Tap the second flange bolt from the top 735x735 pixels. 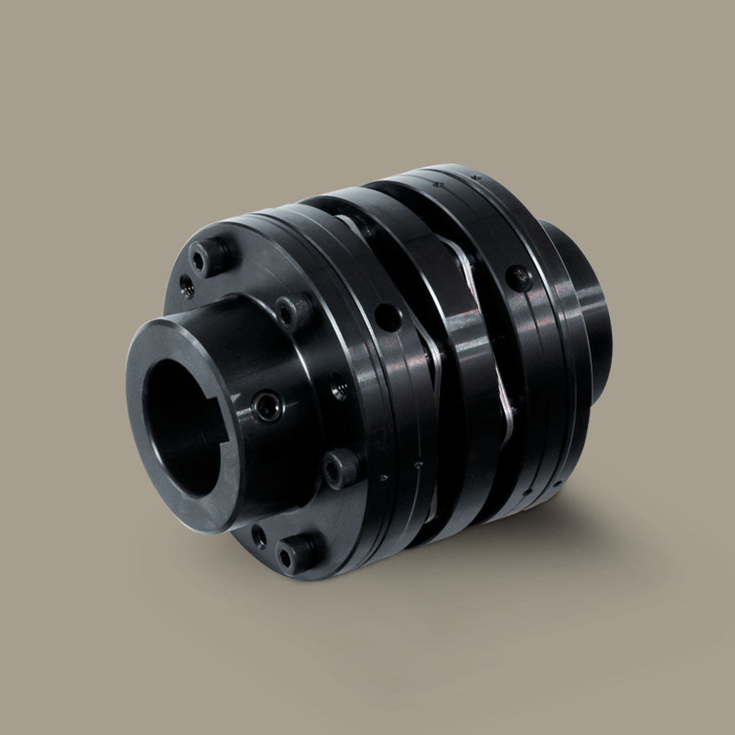(x=292, y=310)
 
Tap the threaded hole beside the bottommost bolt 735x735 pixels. (x=260, y=537)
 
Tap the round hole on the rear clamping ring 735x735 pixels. (x=518, y=278)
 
